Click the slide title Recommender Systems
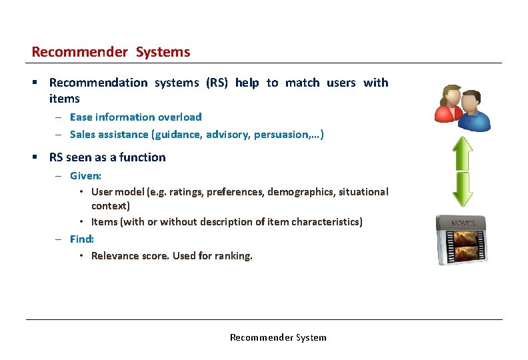point(111,52)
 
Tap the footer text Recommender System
point(278,337)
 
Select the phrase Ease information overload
point(135,117)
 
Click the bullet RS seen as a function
point(107,157)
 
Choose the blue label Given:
point(85,176)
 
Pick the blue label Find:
point(82,239)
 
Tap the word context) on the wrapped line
point(111,206)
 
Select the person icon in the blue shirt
point(474,111)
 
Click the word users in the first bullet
point(341,83)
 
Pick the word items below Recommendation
point(64,99)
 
